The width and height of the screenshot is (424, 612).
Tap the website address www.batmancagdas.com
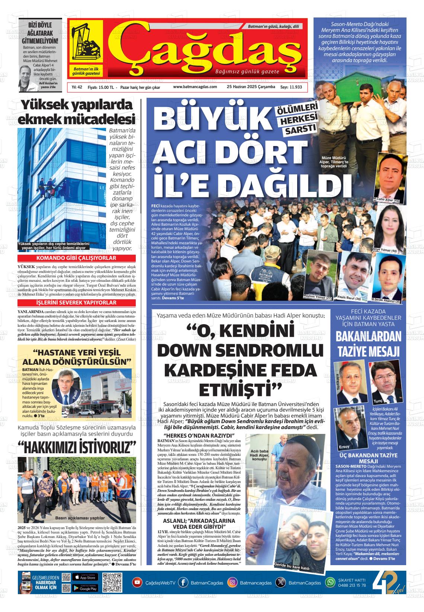pos(195,87)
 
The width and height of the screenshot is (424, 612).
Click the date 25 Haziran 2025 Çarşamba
pos(251,87)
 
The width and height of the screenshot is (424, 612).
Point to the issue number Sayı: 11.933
pos(291,87)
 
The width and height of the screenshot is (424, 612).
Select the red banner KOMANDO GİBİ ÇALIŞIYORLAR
pos(76,258)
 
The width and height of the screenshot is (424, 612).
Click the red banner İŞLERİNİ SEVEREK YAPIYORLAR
pos(76,303)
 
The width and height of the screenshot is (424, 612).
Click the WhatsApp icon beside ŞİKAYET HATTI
pos(330,582)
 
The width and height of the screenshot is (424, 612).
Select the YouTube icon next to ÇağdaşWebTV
pos(138,583)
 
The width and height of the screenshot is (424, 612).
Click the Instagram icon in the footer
pos(232,583)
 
